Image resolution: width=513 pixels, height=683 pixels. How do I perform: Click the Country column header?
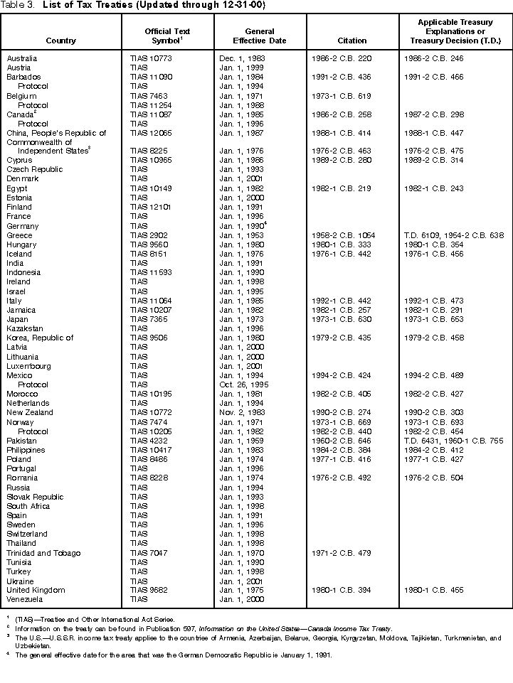(x=60, y=41)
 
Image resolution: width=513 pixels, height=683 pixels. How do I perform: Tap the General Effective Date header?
(x=260, y=36)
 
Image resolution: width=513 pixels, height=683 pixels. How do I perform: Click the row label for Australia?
(x=22, y=58)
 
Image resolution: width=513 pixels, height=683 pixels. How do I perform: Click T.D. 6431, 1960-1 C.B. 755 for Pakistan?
(x=455, y=441)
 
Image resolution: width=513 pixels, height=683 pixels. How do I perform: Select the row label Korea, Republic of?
(x=40, y=338)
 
